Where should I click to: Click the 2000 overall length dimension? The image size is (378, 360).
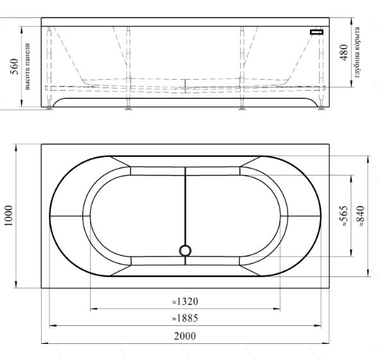185,336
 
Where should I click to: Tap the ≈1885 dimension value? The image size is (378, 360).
185,318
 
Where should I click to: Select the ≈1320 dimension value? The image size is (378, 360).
185,301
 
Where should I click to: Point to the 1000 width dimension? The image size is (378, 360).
9,216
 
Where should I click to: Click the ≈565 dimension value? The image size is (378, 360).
344,216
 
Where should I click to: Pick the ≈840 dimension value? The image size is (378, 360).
361,216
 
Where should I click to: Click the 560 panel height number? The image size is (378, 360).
14,66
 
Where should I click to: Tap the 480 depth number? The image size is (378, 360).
344,52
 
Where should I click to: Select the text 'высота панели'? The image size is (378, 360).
28,67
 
